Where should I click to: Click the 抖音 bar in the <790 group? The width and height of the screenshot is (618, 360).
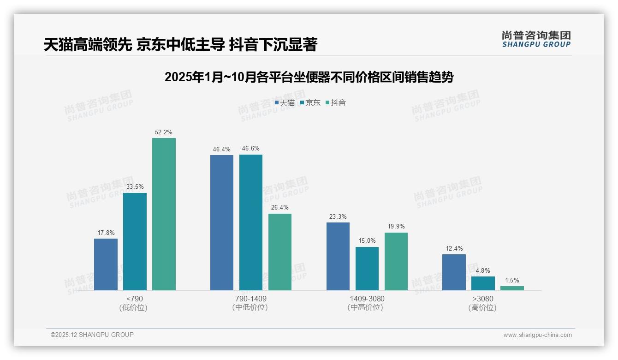[164, 214]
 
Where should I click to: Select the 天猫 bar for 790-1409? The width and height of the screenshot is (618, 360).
[222, 222]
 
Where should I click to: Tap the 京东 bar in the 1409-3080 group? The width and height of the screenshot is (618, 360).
[367, 269]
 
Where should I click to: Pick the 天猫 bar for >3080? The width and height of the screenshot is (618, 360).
[454, 272]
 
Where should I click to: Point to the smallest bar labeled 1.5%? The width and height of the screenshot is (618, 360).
[512, 288]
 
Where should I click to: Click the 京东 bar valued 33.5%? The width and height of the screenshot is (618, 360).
[135, 241]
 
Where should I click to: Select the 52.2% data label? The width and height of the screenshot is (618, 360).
[164, 132]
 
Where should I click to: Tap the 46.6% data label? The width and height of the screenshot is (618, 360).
[251, 149]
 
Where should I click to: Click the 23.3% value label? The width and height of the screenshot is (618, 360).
[338, 216]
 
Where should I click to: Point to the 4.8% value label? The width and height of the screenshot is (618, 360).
[483, 270]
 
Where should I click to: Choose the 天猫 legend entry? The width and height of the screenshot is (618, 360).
[285, 103]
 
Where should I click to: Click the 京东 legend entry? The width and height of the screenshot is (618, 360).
[310, 103]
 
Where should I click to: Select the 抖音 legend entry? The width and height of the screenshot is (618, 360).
[335, 103]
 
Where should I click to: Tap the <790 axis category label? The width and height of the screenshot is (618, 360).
[135, 299]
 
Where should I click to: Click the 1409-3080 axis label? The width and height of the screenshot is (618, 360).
[367, 299]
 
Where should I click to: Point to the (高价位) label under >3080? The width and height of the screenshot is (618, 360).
[483, 307]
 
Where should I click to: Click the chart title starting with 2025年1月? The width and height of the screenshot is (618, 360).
[309, 77]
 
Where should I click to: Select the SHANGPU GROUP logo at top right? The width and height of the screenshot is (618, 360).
[536, 39]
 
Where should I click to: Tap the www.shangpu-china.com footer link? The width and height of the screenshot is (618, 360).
[537, 335]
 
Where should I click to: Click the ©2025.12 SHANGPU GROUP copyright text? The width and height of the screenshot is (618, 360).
[92, 335]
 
